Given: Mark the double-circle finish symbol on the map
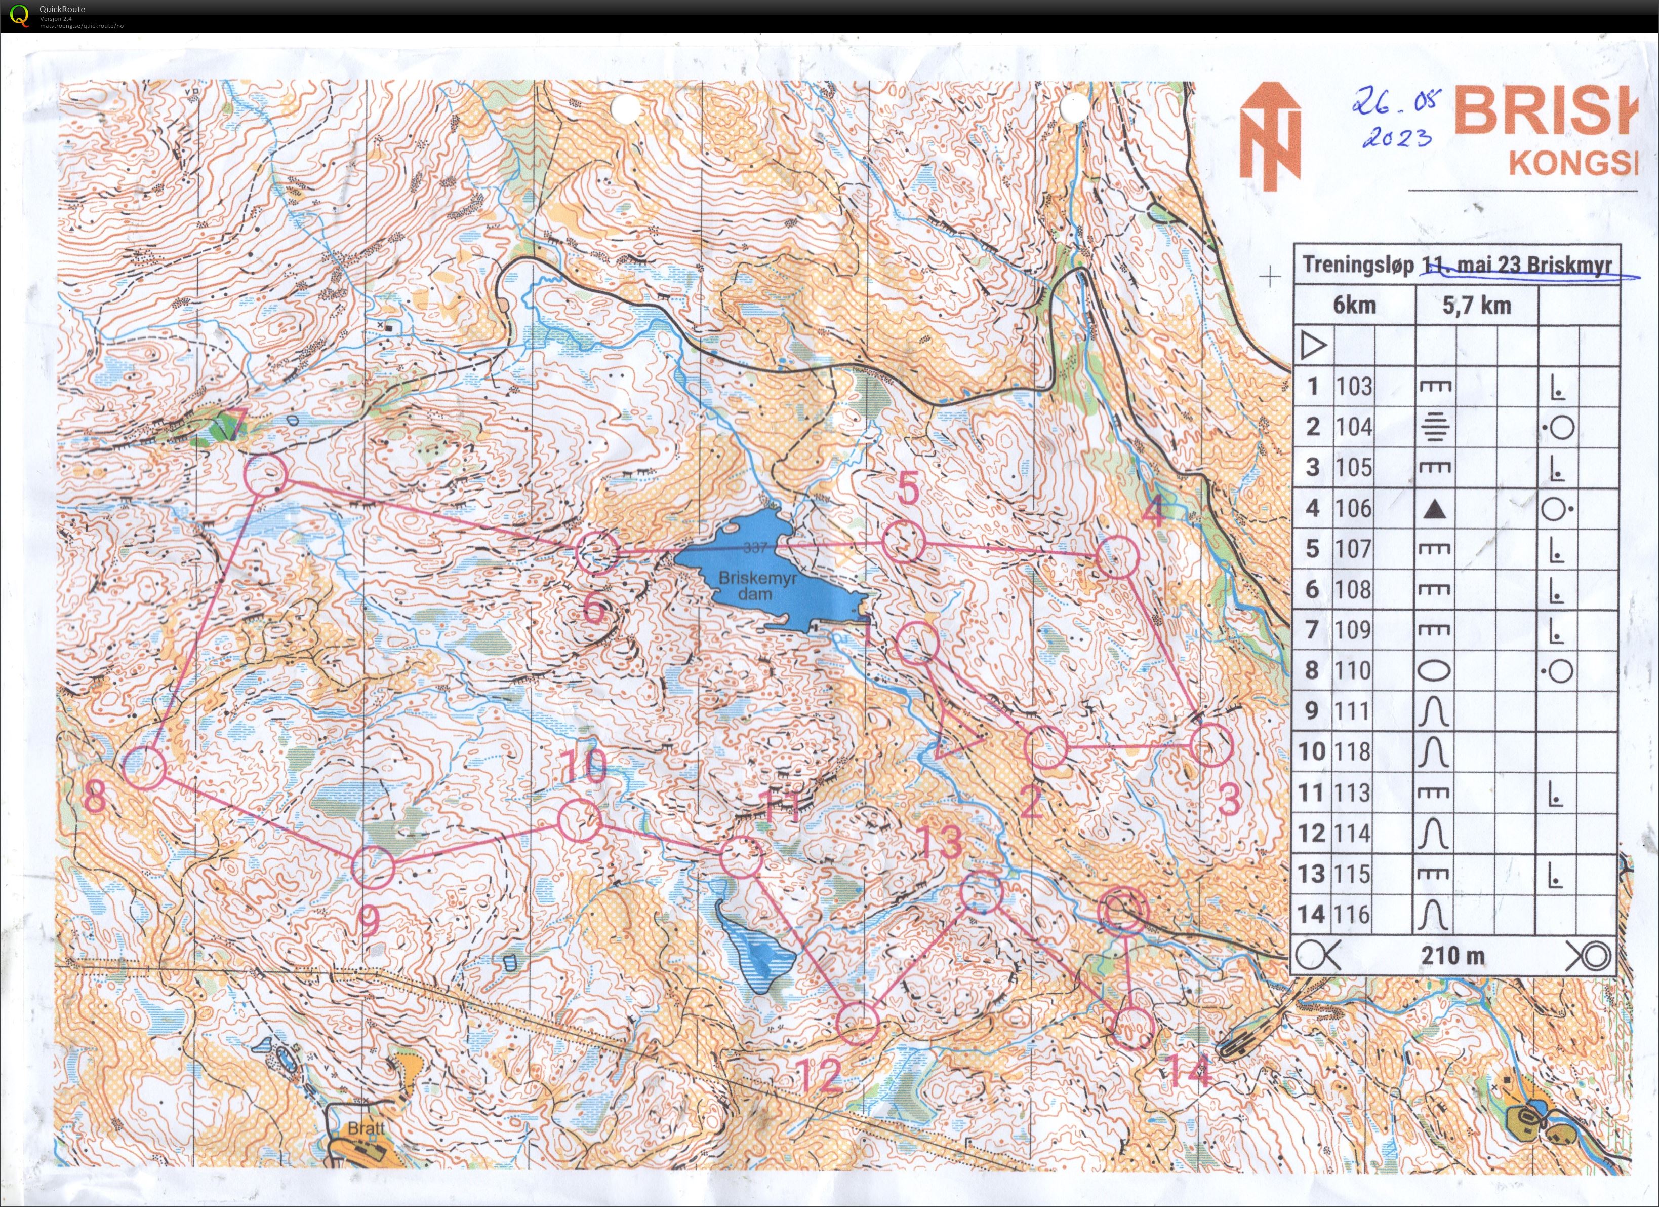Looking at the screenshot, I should pyautogui.click(x=1123, y=911).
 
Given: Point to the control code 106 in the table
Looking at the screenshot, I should pyautogui.click(x=1354, y=508).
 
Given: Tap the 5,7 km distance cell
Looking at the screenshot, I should pyautogui.click(x=1476, y=305).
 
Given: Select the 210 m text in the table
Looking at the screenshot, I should pyautogui.click(x=1453, y=955).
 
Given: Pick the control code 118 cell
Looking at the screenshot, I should pyautogui.click(x=1354, y=752).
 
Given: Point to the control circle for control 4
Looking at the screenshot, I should pyautogui.click(x=1118, y=556).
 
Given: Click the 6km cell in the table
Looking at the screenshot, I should pyautogui.click(x=1354, y=305).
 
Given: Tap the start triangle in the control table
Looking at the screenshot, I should pyautogui.click(x=1314, y=346).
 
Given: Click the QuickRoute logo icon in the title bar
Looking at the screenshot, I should pyautogui.click(x=20, y=15).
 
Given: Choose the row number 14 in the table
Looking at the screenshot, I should pyautogui.click(x=1312, y=914).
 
